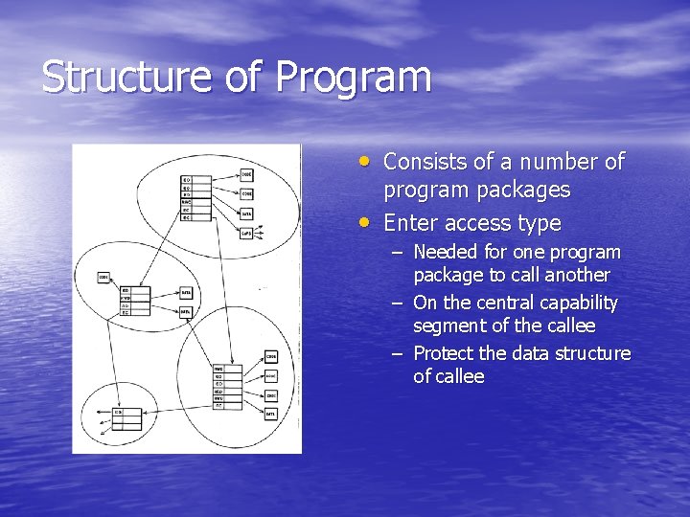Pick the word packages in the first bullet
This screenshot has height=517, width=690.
(x=523, y=191)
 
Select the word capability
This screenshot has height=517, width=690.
(x=575, y=303)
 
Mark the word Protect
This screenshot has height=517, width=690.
(x=443, y=353)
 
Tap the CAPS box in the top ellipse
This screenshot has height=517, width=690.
(x=246, y=232)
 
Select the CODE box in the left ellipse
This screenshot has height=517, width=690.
(x=103, y=278)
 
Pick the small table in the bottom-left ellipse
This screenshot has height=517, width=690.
(x=127, y=418)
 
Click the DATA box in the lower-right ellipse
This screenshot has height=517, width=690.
(x=271, y=413)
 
